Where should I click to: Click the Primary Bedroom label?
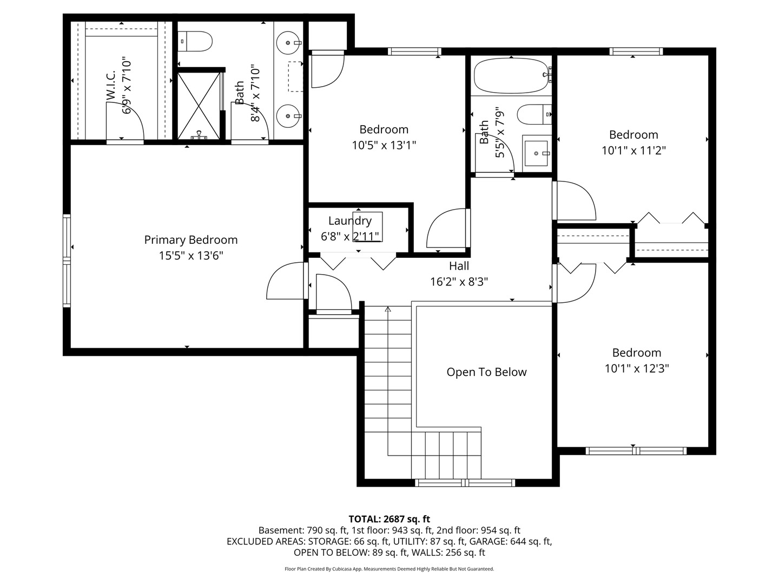point(190,240)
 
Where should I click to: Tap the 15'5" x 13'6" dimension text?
point(190,255)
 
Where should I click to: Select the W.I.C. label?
point(111,85)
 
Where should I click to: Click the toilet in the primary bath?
point(195,41)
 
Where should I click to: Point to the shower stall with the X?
point(199,106)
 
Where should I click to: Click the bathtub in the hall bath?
point(511,76)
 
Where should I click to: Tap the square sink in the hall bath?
point(537,153)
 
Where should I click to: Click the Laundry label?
point(349,221)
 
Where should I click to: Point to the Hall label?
point(459,265)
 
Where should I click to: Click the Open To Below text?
point(486,372)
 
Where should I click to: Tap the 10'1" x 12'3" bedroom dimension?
point(637,368)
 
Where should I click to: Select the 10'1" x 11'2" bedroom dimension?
point(633,150)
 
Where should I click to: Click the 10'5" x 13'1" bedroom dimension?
point(384,145)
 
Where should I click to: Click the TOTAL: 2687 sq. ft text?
point(389,519)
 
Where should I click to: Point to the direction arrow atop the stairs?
point(388,309)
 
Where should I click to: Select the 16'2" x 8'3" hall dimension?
point(459,282)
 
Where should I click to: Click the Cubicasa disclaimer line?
point(389,569)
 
